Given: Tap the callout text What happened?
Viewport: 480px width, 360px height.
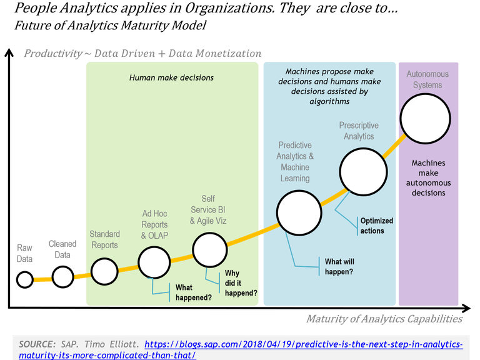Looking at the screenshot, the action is (x=194, y=292).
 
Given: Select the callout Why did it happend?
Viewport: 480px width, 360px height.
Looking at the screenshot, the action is (x=241, y=283).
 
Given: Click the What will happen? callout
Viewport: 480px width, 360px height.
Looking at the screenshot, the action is (x=339, y=267).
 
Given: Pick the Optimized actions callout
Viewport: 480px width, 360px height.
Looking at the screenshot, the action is (x=376, y=226).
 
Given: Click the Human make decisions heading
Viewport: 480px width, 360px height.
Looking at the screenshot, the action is (x=171, y=77).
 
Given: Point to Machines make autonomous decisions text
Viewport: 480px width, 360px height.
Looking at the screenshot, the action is (x=428, y=178).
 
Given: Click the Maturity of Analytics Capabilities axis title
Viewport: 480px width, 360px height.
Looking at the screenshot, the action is (x=384, y=319).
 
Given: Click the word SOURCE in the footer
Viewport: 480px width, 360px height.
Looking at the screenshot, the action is (x=37, y=344).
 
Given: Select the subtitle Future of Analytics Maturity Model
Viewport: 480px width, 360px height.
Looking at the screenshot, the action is (x=110, y=26).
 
